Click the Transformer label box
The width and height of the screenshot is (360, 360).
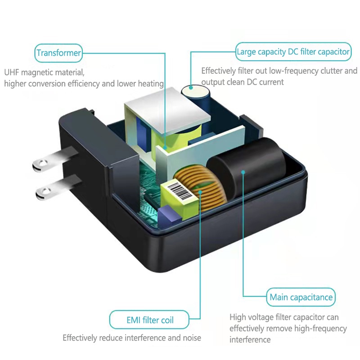[59, 53]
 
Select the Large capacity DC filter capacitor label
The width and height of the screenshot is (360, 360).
[293, 52]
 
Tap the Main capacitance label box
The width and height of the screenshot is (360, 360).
[301, 297]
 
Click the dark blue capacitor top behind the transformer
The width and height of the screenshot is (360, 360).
[197, 92]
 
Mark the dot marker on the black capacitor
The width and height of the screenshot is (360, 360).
[243, 171]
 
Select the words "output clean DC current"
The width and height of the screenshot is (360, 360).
[242, 82]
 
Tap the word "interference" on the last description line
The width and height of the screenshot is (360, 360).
[250, 339]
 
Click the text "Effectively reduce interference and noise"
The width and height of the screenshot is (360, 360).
[132, 337]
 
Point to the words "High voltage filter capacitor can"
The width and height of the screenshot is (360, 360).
[284, 318]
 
